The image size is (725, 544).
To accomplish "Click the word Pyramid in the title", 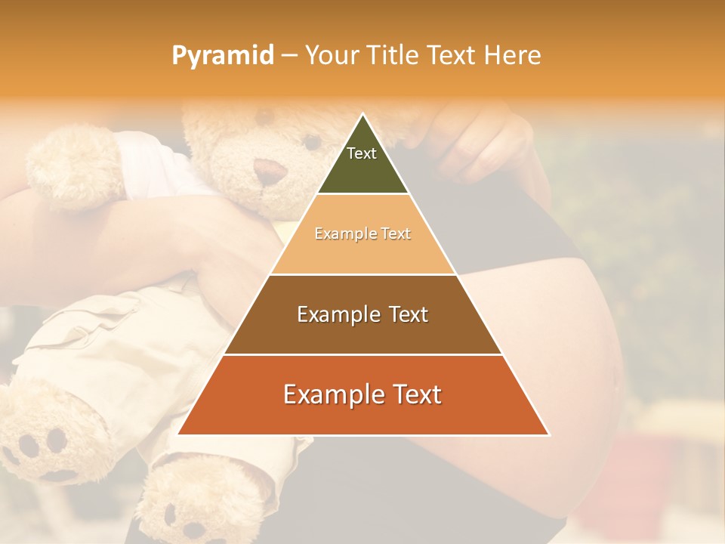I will (x=222, y=56).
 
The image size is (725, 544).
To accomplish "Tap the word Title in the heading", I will (x=393, y=55).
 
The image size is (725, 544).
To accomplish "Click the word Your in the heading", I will (x=332, y=55).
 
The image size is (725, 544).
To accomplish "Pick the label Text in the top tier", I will (x=362, y=153).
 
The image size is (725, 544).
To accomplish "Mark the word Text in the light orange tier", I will (x=396, y=233).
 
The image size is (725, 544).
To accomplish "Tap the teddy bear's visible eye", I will (x=310, y=141).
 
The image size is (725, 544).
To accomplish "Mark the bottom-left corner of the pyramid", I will (x=177, y=434).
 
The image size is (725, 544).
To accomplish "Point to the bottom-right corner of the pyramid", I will (x=549, y=434).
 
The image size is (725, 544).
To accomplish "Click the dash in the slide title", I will (x=289, y=56).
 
